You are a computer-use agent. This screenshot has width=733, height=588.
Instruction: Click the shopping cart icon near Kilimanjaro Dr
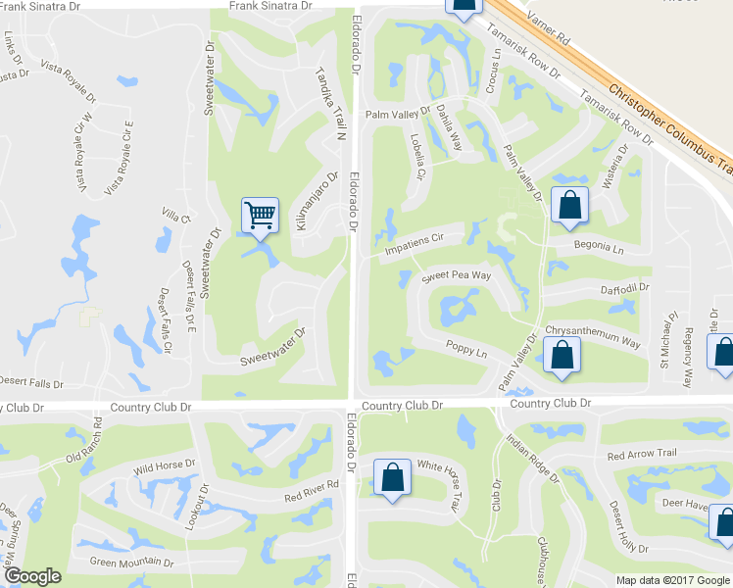[260, 215]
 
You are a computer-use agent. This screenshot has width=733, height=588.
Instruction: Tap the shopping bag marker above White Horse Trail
[393, 479]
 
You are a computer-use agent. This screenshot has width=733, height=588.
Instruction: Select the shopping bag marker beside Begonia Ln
[568, 205]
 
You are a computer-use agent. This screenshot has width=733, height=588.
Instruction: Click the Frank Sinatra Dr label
[269, 7]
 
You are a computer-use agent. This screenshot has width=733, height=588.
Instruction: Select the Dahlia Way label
[449, 126]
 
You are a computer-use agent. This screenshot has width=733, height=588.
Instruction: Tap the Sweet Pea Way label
[456, 277]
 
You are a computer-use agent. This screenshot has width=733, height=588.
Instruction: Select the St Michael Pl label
[669, 337]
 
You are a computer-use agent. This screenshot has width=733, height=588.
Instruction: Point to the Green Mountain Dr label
[131, 563]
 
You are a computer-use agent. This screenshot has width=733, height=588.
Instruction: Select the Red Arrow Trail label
[642, 456]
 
